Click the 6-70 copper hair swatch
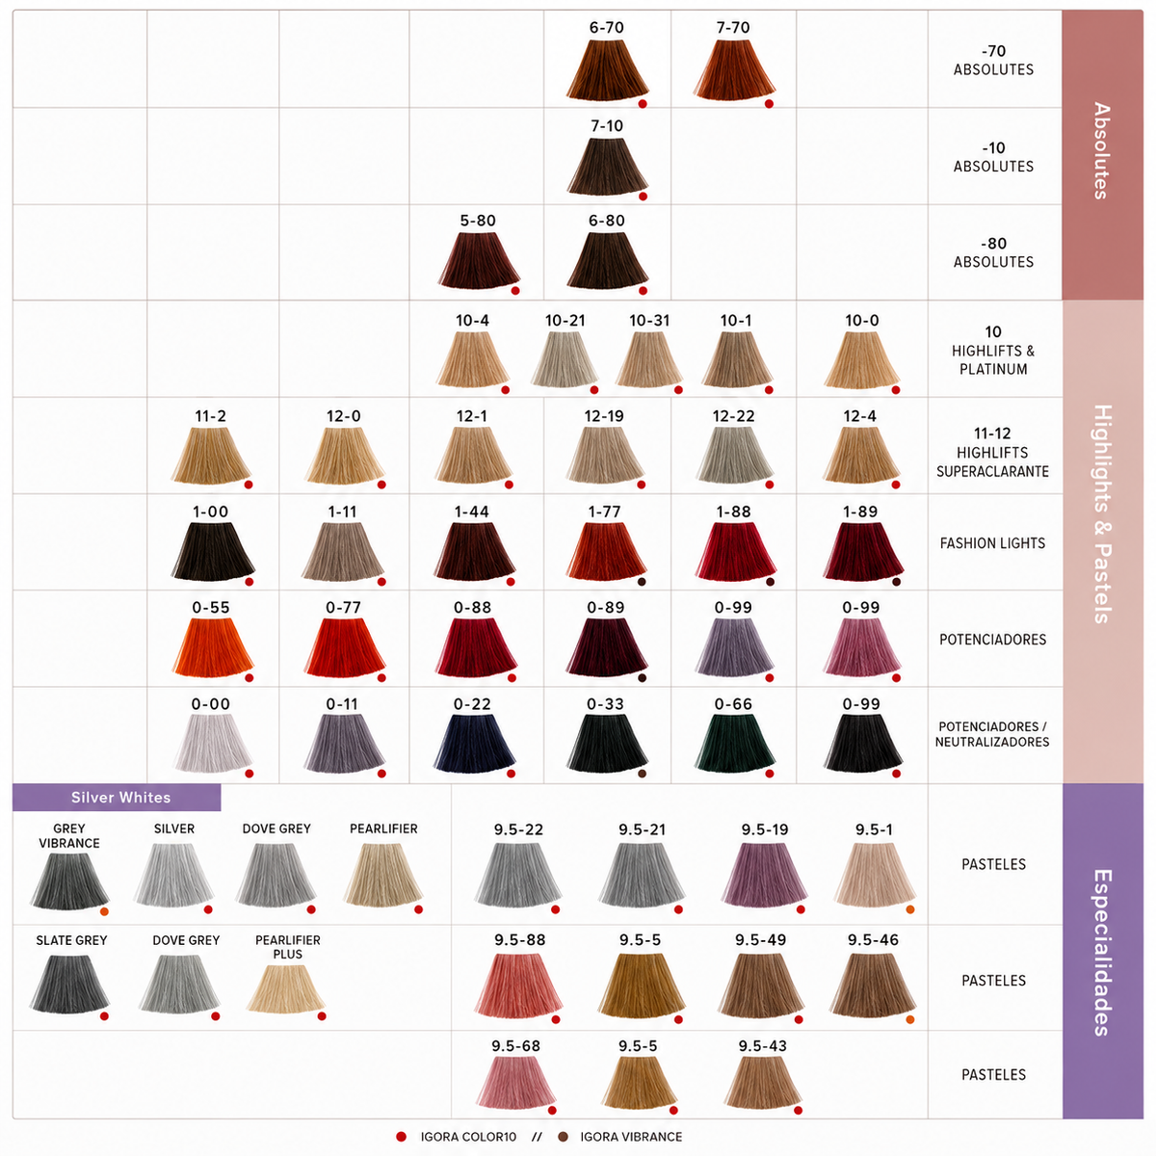pyautogui.click(x=607, y=69)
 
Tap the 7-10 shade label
pyautogui.click(x=607, y=126)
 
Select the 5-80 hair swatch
pyautogui.click(x=478, y=260)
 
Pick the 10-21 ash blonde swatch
pyautogui.click(x=565, y=358)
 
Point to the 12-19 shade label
pyautogui.click(x=603, y=416)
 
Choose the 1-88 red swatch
pyautogui.click(x=735, y=551)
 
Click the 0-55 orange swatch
pyautogui.click(x=213, y=646)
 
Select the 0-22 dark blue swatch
pyautogui.click(x=474, y=744)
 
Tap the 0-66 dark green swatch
pyautogui.click(x=735, y=744)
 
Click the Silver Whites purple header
pyautogui.click(x=117, y=798)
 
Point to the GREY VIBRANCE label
pyautogui.click(x=69, y=835)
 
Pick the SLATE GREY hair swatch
pyautogui.click(x=69, y=985)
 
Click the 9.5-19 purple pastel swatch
pyautogui.click(x=764, y=875)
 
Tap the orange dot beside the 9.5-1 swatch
pyautogui.click(x=910, y=909)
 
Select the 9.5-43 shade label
pyautogui.click(x=762, y=1045)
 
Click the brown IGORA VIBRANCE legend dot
pyautogui.click(x=563, y=1136)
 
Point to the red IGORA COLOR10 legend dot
pyautogui.click(x=402, y=1136)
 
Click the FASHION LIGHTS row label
pyautogui.click(x=992, y=543)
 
